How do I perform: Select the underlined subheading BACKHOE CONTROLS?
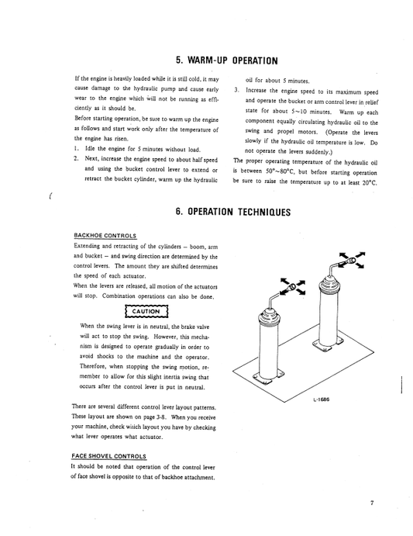[x=105, y=235]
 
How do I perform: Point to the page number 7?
[x=372, y=503]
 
